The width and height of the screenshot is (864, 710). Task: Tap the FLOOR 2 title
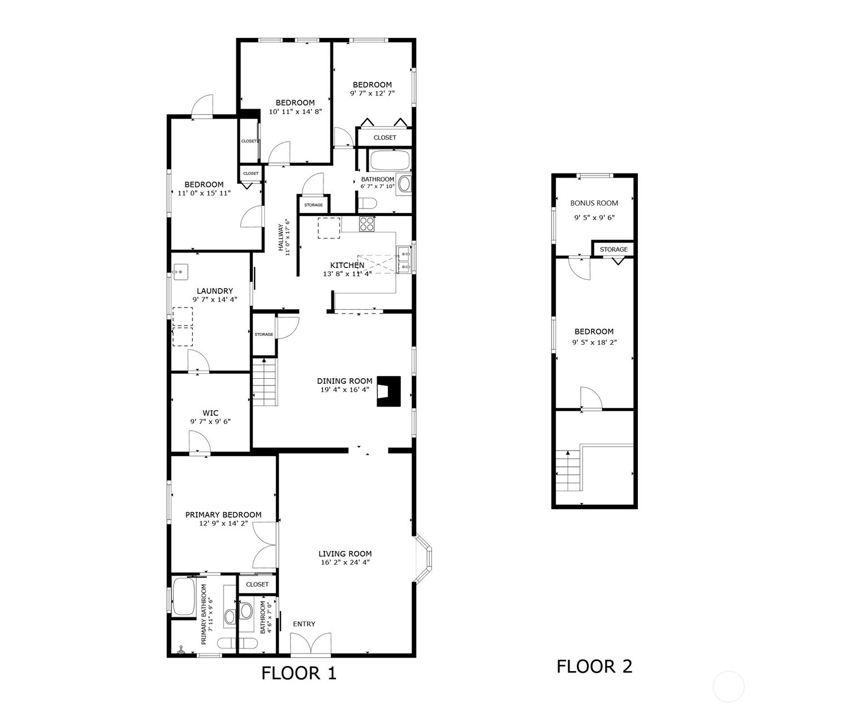(594, 666)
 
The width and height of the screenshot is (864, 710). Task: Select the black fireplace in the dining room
(388, 391)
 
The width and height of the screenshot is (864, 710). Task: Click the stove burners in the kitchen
(366, 224)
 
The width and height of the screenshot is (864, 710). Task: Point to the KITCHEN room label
(347, 265)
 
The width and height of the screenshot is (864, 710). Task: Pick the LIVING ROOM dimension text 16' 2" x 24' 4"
(345, 562)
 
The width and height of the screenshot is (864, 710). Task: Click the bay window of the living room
(424, 557)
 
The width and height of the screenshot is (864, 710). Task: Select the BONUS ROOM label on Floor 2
(594, 203)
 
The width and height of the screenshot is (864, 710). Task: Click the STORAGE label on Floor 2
(614, 249)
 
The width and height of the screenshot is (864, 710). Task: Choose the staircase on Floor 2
(569, 470)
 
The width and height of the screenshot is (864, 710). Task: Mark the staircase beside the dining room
(265, 382)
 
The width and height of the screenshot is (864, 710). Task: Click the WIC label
(210, 413)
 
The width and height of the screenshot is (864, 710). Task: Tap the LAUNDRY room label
(215, 291)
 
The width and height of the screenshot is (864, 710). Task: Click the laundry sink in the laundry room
(180, 272)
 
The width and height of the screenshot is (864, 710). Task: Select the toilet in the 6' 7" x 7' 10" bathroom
(367, 203)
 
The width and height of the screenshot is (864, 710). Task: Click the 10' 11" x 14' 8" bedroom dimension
(295, 111)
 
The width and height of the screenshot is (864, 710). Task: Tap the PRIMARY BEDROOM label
(223, 514)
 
